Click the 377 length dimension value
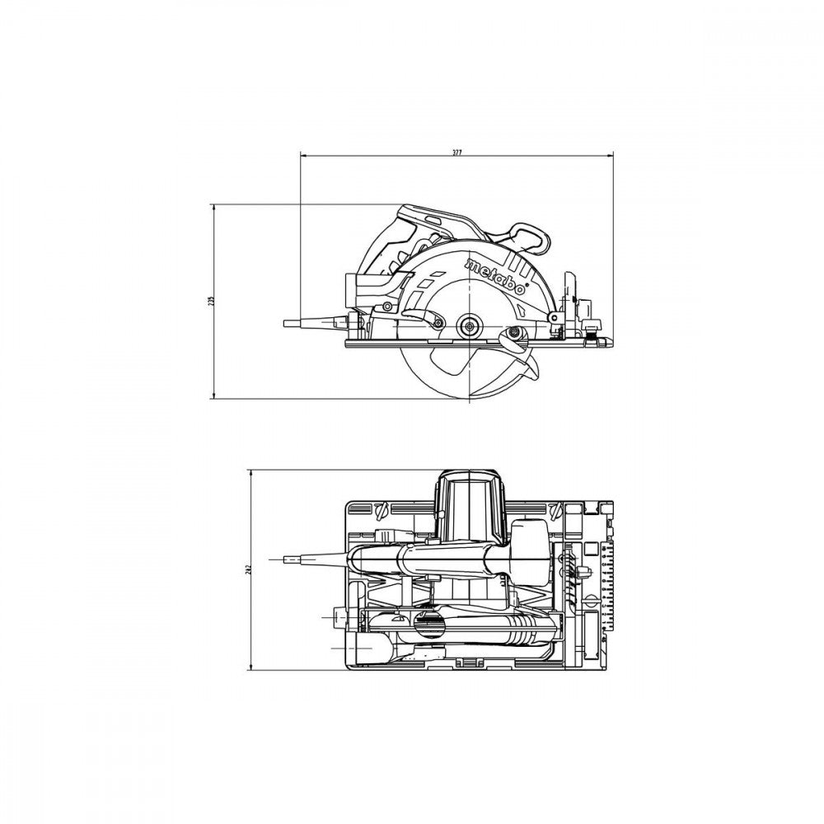457,151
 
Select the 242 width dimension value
246,569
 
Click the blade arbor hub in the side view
471,324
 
